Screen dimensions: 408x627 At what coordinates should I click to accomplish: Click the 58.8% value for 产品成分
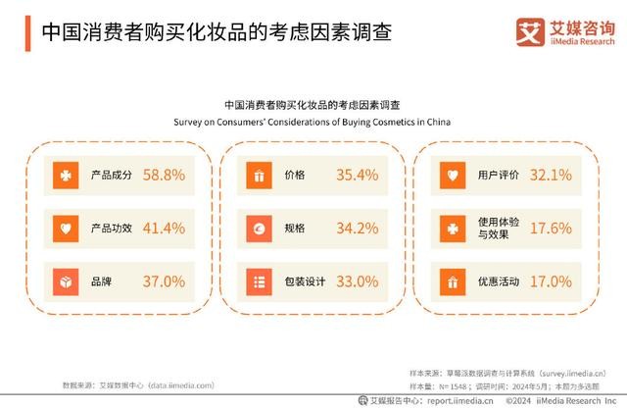pyautogui.click(x=164, y=176)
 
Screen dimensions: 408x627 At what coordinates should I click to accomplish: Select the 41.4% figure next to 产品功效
pyautogui.click(x=164, y=229)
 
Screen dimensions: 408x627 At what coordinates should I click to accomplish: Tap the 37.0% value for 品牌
pyautogui.click(x=164, y=281)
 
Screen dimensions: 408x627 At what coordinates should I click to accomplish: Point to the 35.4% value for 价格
pyautogui.click(x=357, y=176)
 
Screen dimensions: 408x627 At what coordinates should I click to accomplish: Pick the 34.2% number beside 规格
pyautogui.click(x=357, y=229)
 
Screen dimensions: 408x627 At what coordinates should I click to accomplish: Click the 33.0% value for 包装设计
pyautogui.click(x=357, y=281)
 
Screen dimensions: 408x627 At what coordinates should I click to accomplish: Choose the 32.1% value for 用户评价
pyautogui.click(x=550, y=176)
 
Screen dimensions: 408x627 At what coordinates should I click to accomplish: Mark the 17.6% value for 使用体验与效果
pyautogui.click(x=550, y=229)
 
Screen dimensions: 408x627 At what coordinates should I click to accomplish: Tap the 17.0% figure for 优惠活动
pyautogui.click(x=550, y=281)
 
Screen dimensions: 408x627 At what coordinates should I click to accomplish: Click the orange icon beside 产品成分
pyautogui.click(x=65, y=176)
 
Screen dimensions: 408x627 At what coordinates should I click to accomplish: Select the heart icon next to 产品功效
pyautogui.click(x=65, y=229)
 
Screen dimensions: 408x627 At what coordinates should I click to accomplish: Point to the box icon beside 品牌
pyautogui.click(x=65, y=281)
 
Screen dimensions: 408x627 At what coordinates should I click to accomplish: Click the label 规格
pyautogui.click(x=294, y=229)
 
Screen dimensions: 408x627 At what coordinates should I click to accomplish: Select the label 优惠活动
pyautogui.click(x=496, y=281)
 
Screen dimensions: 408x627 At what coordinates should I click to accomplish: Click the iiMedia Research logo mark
pyautogui.click(x=530, y=32)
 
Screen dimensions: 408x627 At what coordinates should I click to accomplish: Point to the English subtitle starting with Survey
pyautogui.click(x=313, y=123)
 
